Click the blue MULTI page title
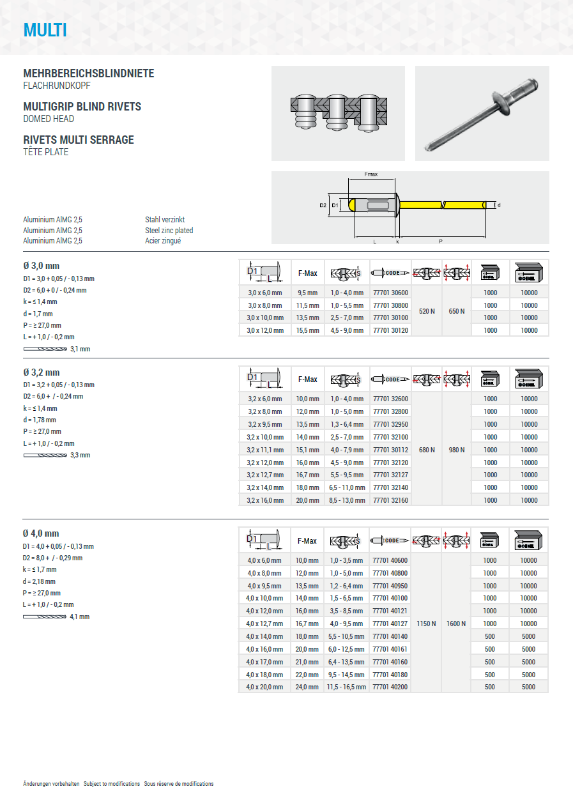point(45,30)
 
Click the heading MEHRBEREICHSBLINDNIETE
point(89,73)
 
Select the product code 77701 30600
point(390,292)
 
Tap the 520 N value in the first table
point(427,311)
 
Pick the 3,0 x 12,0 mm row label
point(264,330)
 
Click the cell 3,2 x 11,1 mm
point(264,450)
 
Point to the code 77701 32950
point(390,424)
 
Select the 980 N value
point(456,450)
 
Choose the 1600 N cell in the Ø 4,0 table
point(456,624)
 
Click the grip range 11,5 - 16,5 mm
point(346,687)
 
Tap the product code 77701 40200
point(390,687)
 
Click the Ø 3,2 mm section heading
point(42,372)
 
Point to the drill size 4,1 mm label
point(80,617)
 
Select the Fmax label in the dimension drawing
point(371,174)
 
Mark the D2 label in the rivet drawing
point(323,205)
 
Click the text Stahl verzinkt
point(165,220)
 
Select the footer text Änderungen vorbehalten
point(51,784)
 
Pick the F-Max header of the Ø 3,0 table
point(307,273)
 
